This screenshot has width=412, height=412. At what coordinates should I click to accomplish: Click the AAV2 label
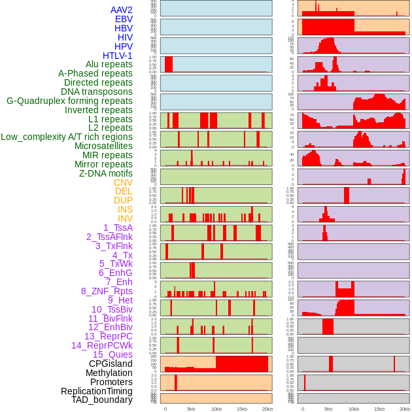[x=121, y=10]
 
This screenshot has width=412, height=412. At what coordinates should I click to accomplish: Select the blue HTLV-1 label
[x=117, y=56]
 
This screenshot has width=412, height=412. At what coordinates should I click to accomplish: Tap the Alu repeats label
[x=109, y=64]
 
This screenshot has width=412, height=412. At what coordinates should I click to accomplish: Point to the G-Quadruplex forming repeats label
[x=69, y=101]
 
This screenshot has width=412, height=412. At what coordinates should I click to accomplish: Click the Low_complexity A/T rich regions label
[x=67, y=137]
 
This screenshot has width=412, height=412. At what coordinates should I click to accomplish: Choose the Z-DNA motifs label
[x=105, y=173]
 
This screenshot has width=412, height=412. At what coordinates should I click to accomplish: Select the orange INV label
[x=125, y=218]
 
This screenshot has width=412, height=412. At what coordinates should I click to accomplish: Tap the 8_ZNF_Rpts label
[x=107, y=291]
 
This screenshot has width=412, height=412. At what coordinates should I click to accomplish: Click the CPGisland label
[x=111, y=364]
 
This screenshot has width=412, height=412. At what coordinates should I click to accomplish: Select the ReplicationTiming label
[x=96, y=391]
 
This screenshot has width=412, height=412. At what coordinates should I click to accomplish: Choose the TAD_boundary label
[x=101, y=400]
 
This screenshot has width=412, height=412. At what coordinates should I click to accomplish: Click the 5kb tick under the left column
[x=191, y=409]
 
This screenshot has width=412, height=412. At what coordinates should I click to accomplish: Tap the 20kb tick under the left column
[x=267, y=409]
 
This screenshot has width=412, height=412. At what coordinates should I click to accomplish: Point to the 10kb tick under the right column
[x=354, y=409]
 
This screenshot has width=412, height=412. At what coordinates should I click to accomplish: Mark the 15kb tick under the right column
[x=379, y=409]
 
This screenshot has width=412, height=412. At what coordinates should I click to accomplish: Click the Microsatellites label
[x=103, y=146]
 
